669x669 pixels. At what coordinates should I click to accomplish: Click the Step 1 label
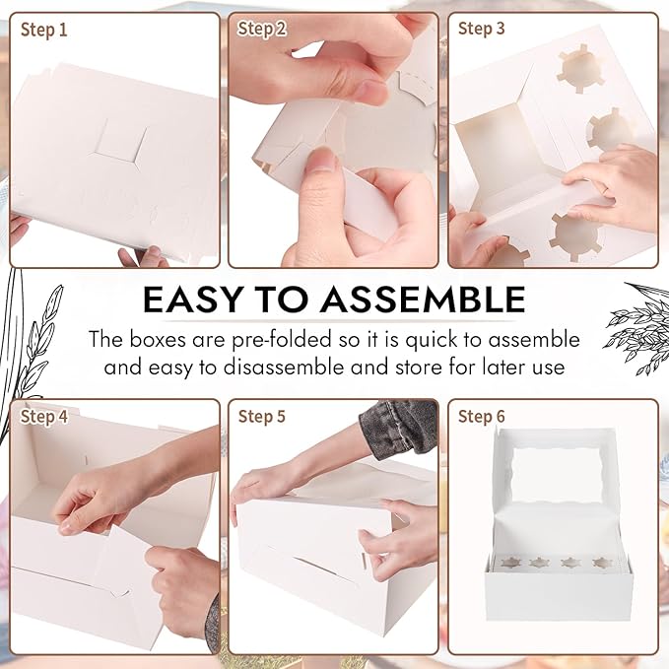(44, 30)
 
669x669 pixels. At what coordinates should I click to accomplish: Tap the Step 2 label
(262, 29)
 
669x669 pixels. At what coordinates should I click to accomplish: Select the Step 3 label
(481, 29)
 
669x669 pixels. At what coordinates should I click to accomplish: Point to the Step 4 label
(44, 417)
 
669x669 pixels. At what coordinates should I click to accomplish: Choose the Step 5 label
(261, 416)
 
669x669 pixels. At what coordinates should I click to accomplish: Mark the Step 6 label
(481, 416)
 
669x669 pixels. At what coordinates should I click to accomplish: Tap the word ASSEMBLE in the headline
(423, 300)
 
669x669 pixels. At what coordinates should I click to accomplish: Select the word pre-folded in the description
(282, 340)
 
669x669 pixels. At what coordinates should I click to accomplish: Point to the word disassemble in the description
(284, 367)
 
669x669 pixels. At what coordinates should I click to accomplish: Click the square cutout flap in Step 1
(121, 142)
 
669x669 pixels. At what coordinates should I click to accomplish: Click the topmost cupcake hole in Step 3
(581, 68)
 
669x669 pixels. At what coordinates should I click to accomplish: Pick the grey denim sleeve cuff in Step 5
(399, 428)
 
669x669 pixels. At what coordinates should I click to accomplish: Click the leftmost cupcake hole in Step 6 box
(510, 563)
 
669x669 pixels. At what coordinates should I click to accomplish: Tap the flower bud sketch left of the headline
(41, 337)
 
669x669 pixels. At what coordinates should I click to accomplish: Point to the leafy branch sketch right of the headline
(637, 326)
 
